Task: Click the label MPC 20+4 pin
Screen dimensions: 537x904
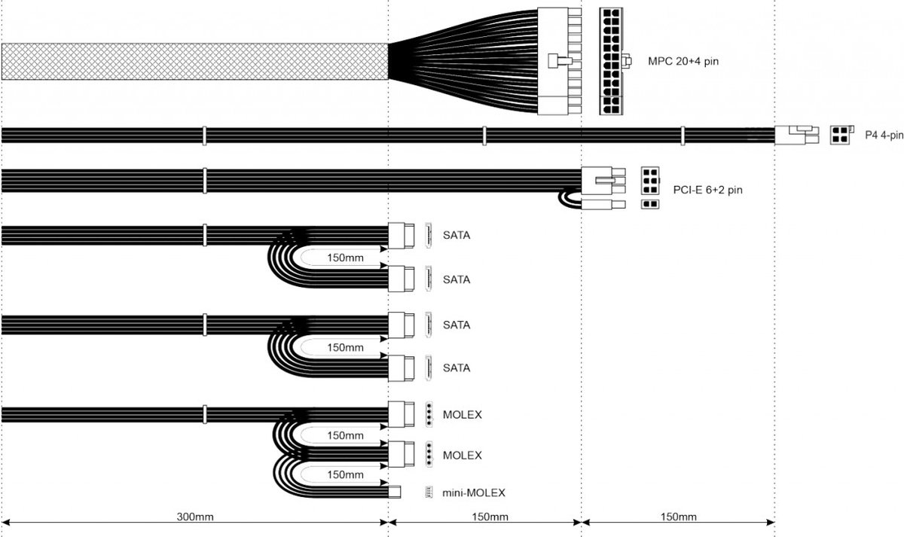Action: click(x=683, y=60)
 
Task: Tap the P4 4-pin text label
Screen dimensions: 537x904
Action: click(x=884, y=136)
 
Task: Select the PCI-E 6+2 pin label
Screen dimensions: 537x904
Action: click(x=707, y=190)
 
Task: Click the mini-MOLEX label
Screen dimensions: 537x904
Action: click(x=473, y=493)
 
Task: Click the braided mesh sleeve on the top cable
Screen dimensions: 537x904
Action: click(x=194, y=61)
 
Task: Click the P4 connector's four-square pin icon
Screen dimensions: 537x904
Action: click(x=839, y=135)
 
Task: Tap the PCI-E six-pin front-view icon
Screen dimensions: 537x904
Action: click(x=649, y=181)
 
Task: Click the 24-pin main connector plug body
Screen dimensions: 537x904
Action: click(x=560, y=60)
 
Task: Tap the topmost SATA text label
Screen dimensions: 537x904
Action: click(x=457, y=235)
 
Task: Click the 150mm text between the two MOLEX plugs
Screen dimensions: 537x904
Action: click(x=345, y=435)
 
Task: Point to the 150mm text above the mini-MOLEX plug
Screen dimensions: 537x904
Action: click(x=345, y=474)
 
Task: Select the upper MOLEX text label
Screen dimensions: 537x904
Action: click(x=462, y=415)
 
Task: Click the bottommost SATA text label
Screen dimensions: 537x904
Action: click(x=457, y=368)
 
